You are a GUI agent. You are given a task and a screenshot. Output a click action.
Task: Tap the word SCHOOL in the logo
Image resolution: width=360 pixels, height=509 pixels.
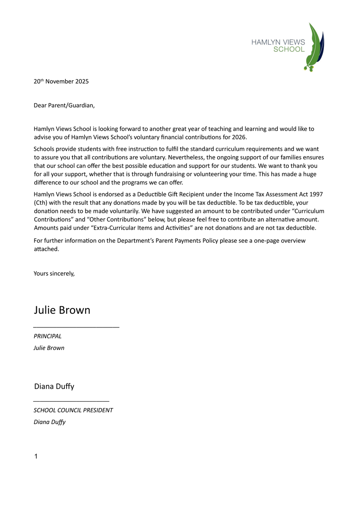point(289,49)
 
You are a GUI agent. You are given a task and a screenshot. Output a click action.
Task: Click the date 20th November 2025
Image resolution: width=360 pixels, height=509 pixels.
point(61,81)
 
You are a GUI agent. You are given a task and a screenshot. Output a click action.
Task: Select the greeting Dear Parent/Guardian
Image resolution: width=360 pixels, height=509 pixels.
point(64,105)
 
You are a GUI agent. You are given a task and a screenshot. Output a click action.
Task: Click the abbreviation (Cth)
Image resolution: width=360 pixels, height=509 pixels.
point(41,203)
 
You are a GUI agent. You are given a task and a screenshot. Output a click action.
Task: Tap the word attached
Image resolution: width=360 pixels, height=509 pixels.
point(46,249)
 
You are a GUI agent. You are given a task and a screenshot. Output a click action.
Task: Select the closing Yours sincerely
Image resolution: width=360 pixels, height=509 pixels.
point(54,274)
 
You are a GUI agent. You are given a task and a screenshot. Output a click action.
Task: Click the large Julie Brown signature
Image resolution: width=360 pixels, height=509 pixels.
point(62,310)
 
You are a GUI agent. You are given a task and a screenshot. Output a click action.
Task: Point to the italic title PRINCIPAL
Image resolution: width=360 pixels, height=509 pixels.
point(47,336)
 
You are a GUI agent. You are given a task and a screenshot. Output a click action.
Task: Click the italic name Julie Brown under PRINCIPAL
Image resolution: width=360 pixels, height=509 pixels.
point(49,348)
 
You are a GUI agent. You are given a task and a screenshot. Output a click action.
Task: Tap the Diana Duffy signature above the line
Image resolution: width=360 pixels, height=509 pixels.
point(54,386)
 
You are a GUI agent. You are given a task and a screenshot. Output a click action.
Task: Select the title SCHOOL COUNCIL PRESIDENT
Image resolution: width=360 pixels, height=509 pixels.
point(73,410)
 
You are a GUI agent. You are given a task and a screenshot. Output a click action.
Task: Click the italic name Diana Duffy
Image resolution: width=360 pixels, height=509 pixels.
point(49,422)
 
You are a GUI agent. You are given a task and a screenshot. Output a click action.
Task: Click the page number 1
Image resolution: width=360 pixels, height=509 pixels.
point(36,456)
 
